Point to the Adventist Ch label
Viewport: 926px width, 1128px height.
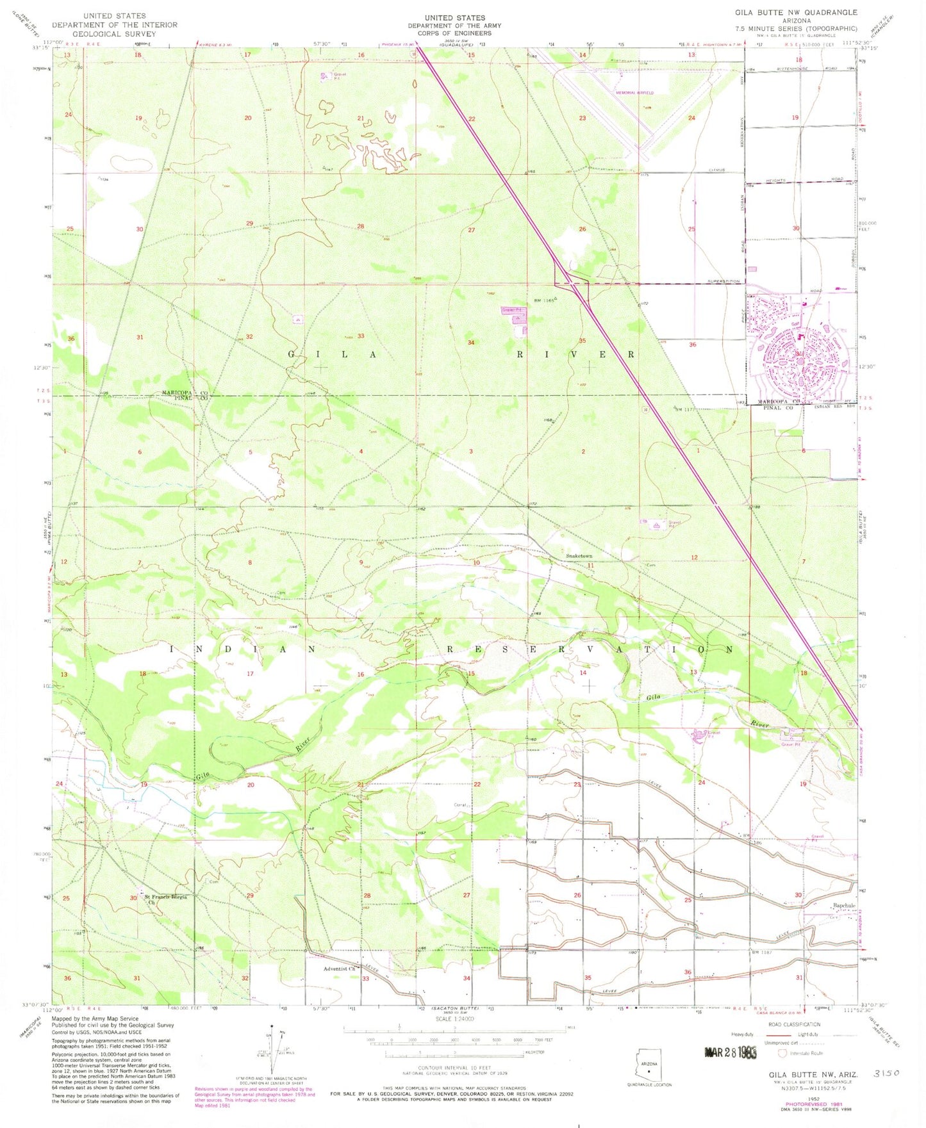coord(340,969)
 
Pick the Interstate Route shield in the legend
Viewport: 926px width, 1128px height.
coord(782,1052)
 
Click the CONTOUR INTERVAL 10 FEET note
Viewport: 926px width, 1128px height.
coord(454,1068)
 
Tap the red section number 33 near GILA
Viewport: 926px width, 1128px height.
coord(361,336)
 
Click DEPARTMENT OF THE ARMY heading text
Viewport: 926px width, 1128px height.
coord(454,26)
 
